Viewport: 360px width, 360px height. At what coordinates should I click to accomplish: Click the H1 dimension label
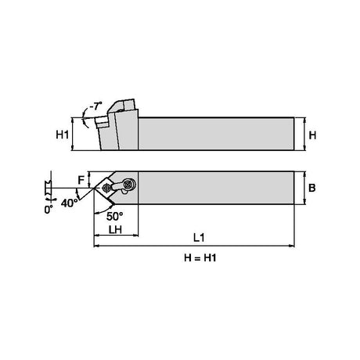coord(63,135)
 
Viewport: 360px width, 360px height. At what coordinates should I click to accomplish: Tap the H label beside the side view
coord(312,135)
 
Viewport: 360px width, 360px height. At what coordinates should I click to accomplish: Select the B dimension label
coord(312,188)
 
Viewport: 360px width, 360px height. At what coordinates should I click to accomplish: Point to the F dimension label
coord(81,180)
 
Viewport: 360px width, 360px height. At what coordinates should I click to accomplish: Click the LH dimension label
coord(115,229)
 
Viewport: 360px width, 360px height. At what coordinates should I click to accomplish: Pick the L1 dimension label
coord(199,237)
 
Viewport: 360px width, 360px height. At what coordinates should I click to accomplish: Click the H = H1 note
coord(200,258)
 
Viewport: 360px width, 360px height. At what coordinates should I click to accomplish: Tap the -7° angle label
coord(95,106)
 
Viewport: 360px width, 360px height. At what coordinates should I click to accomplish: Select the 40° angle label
coord(70,203)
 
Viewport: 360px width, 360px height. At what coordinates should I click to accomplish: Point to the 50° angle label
coord(115,216)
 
